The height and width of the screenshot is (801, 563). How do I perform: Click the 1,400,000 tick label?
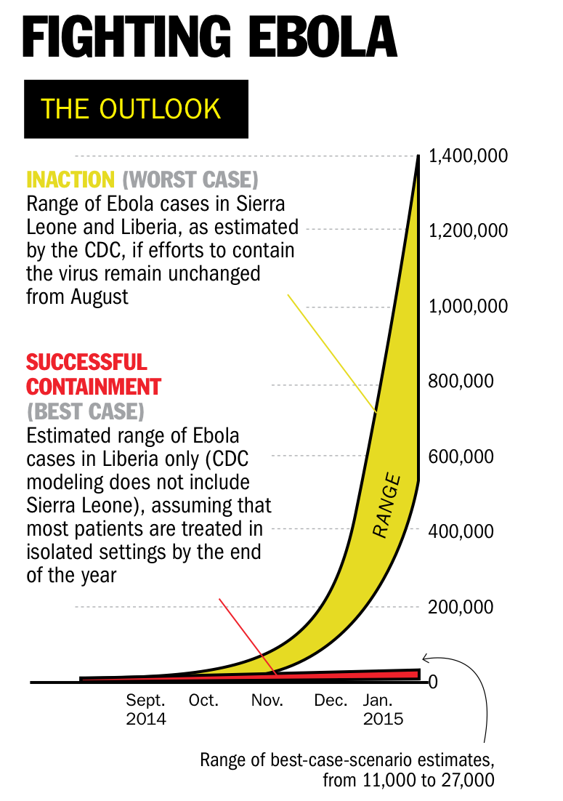point(468,156)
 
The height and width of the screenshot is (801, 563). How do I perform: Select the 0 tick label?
point(433,682)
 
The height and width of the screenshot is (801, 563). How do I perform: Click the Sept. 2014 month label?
point(146,709)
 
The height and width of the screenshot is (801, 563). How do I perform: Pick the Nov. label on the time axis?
point(267,701)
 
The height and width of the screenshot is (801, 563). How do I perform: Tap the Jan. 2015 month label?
point(383,709)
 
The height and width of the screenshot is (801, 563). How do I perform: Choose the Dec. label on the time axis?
point(331,701)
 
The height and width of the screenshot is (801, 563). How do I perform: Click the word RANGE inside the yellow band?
point(387,506)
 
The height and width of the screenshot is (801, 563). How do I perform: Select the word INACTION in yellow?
point(70,179)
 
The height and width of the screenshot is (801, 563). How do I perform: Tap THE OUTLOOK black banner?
point(136,108)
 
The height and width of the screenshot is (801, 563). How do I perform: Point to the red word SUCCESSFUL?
point(86,361)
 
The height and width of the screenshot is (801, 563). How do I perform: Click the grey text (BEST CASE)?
point(86,411)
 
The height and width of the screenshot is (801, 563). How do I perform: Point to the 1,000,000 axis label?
point(468,306)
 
